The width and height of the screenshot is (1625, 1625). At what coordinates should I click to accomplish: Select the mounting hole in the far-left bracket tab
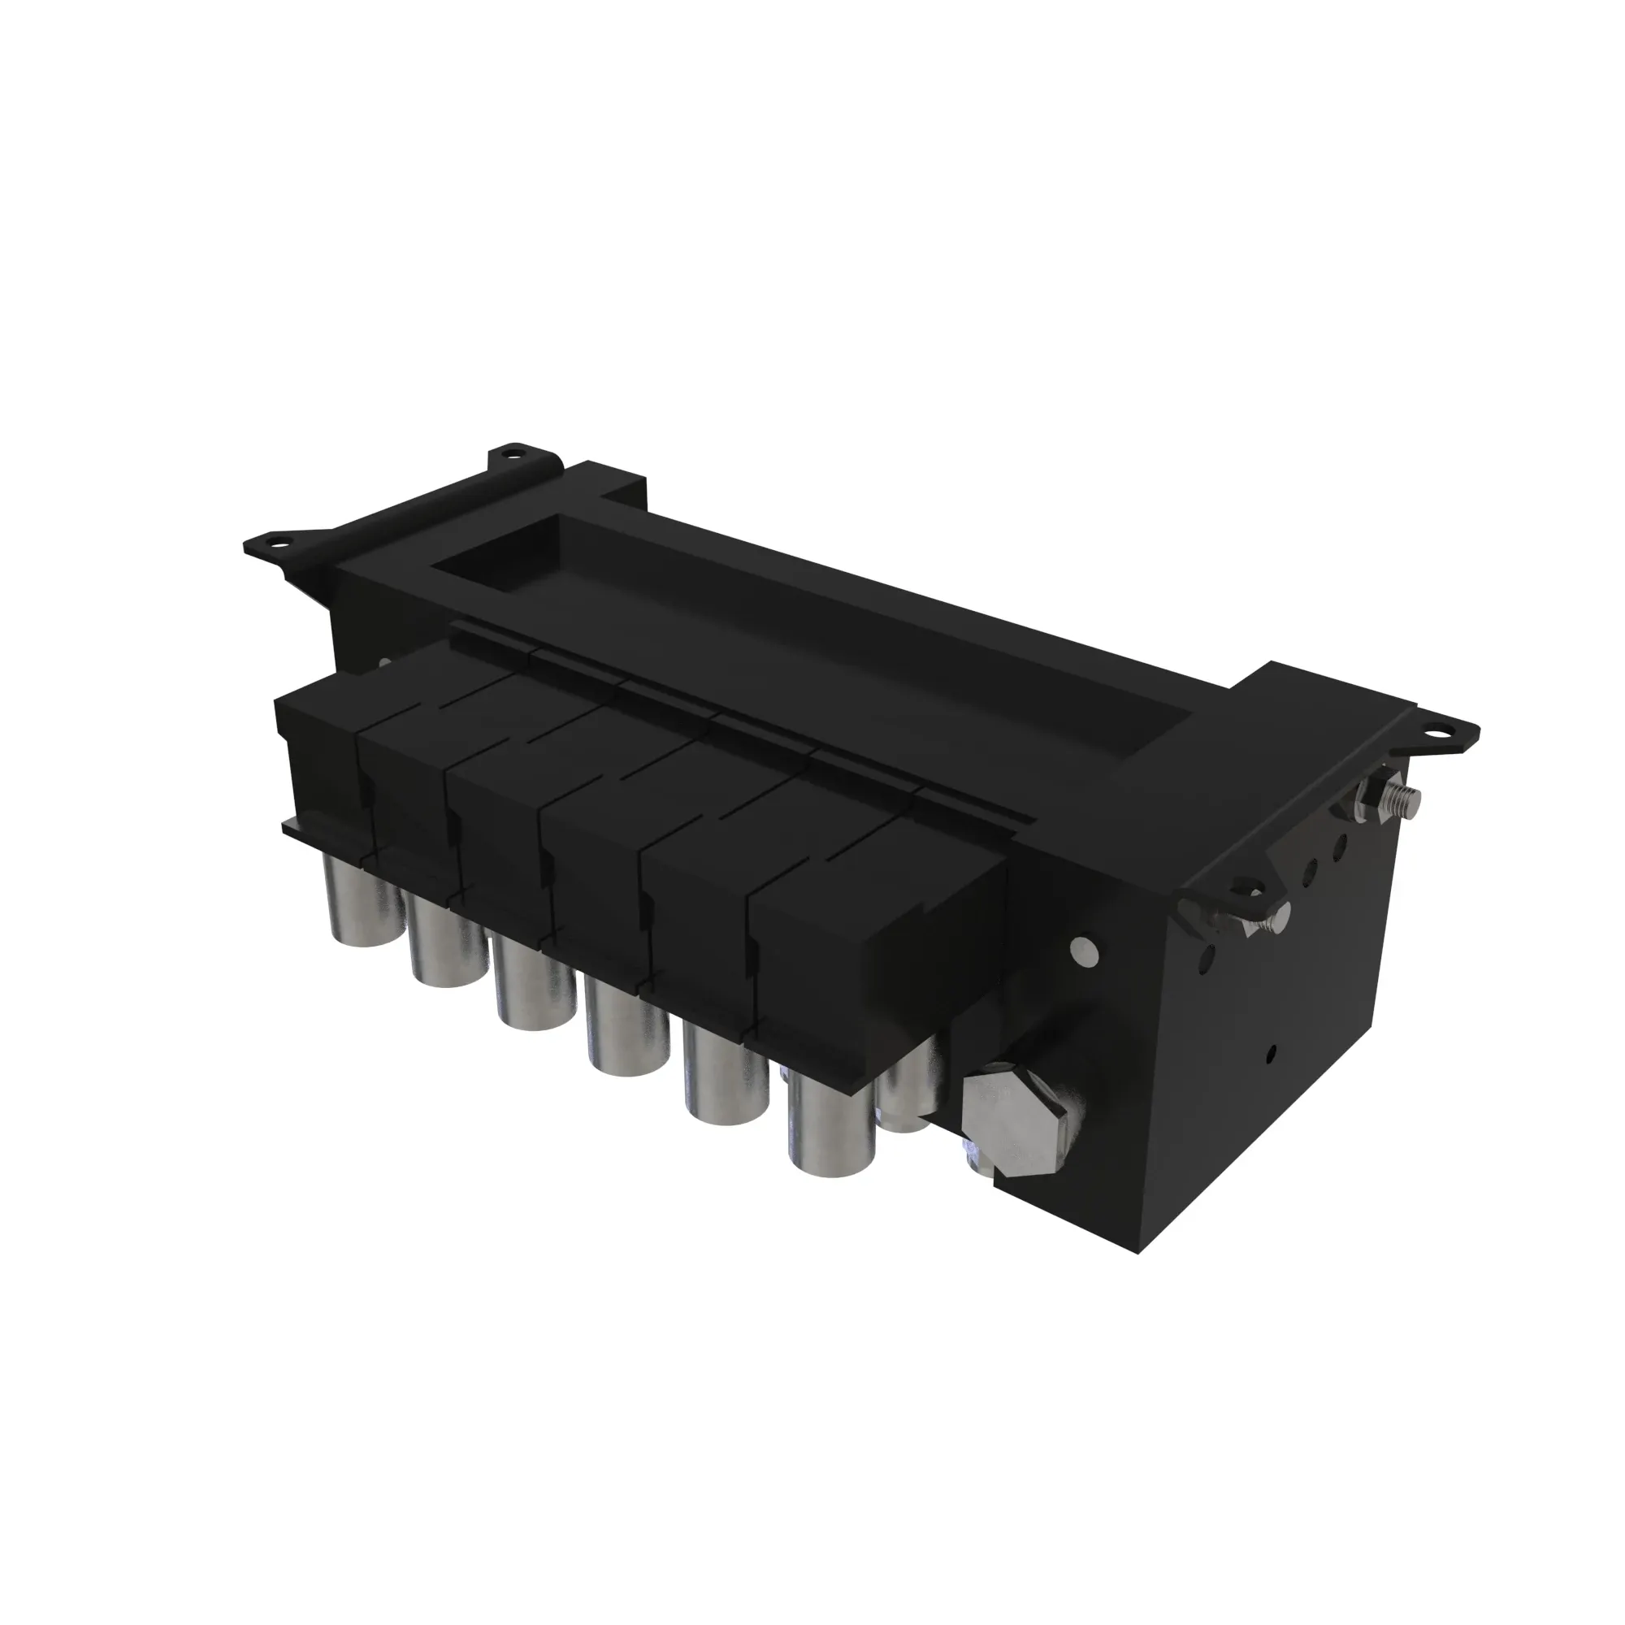275,543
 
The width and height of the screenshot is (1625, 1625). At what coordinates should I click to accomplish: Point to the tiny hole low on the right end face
1271,1052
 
